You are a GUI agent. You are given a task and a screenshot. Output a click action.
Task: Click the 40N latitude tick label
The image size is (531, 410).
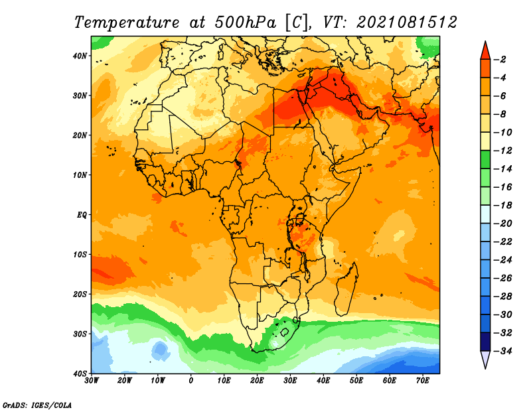[80, 56]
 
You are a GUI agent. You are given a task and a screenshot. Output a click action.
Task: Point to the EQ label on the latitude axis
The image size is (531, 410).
[82, 215]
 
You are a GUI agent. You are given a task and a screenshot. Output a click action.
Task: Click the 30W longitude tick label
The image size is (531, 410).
[92, 381]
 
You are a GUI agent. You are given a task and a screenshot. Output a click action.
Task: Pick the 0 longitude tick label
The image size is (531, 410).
[191, 381]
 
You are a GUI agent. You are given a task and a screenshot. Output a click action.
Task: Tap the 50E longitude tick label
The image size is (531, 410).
[356, 381]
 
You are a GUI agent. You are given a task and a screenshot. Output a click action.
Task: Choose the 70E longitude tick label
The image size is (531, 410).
[423, 381]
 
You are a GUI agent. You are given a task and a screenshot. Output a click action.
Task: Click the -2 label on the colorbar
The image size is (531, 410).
[500, 60]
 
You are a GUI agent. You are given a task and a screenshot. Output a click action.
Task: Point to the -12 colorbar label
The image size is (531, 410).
[503, 151]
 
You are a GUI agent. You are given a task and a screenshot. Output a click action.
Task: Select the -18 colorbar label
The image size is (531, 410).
[503, 206]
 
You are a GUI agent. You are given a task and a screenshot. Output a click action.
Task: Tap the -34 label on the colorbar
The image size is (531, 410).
[503, 351]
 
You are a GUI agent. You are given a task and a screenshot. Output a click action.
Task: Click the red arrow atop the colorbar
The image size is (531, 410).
[485, 52]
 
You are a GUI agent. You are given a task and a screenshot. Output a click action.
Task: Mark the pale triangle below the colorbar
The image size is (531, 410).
[485, 358]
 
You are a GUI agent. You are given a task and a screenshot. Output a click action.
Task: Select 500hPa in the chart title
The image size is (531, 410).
[245, 23]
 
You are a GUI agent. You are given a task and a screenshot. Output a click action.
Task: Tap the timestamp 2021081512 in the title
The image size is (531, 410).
[407, 23]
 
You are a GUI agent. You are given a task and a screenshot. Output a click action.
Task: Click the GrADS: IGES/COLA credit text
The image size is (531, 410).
[37, 405]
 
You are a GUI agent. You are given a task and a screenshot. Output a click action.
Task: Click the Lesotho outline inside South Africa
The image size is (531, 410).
[285, 332]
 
